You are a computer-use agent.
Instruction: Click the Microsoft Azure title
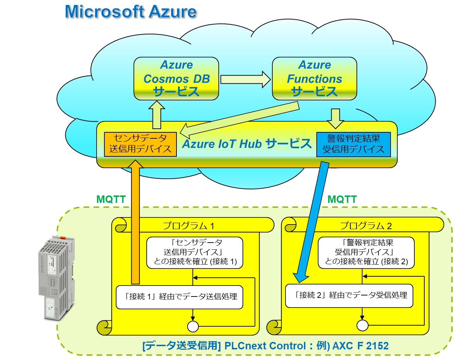click(x=131, y=12)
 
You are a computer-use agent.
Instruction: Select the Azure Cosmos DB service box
click(x=176, y=78)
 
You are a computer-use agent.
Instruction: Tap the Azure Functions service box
click(x=314, y=78)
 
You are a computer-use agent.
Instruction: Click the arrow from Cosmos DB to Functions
click(x=245, y=79)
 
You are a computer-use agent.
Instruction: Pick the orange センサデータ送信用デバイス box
click(x=140, y=144)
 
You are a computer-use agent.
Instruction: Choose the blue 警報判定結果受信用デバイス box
click(x=353, y=144)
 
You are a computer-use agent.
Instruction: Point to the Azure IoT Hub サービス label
click(x=247, y=144)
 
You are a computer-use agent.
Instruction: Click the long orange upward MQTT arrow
click(x=135, y=220)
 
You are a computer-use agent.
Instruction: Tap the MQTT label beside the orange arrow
click(x=111, y=199)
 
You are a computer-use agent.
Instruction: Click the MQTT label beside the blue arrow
click(x=342, y=199)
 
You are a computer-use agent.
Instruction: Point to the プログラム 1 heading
click(x=189, y=226)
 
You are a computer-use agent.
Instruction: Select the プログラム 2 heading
click(x=366, y=226)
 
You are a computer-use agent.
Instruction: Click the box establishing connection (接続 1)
click(x=195, y=253)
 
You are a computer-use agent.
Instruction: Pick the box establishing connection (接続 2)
click(x=366, y=253)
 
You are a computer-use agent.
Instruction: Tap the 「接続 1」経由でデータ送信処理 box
click(x=180, y=297)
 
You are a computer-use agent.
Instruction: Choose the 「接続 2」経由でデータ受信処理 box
click(x=349, y=295)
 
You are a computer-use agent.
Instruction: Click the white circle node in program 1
click(x=193, y=326)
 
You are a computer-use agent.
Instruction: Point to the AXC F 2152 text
click(x=360, y=346)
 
